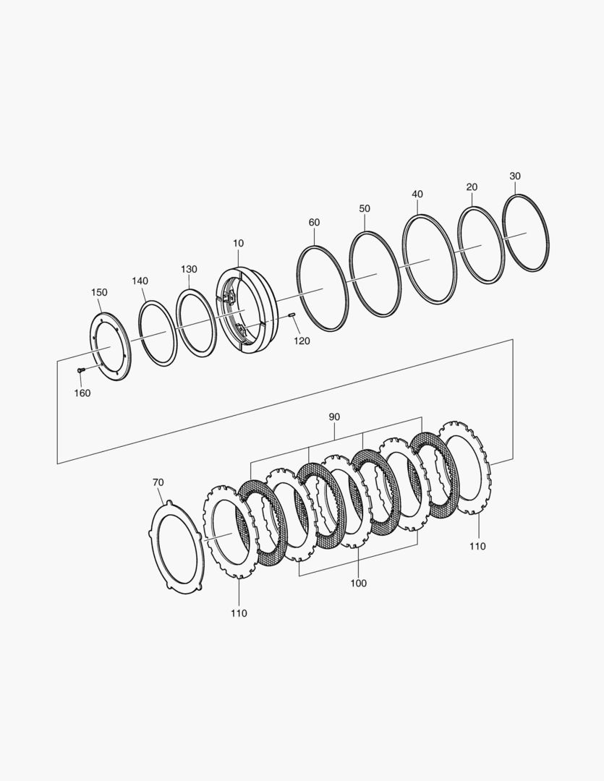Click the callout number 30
pos(515,176)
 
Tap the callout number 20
pos(472,187)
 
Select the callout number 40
pos(417,194)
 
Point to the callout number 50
pos(365,208)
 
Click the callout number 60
pos(314,222)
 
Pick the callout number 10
pos(238,243)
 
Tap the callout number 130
pos(189,269)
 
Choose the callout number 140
pos(140,281)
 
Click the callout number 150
pos(99,292)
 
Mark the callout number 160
pos(82,393)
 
